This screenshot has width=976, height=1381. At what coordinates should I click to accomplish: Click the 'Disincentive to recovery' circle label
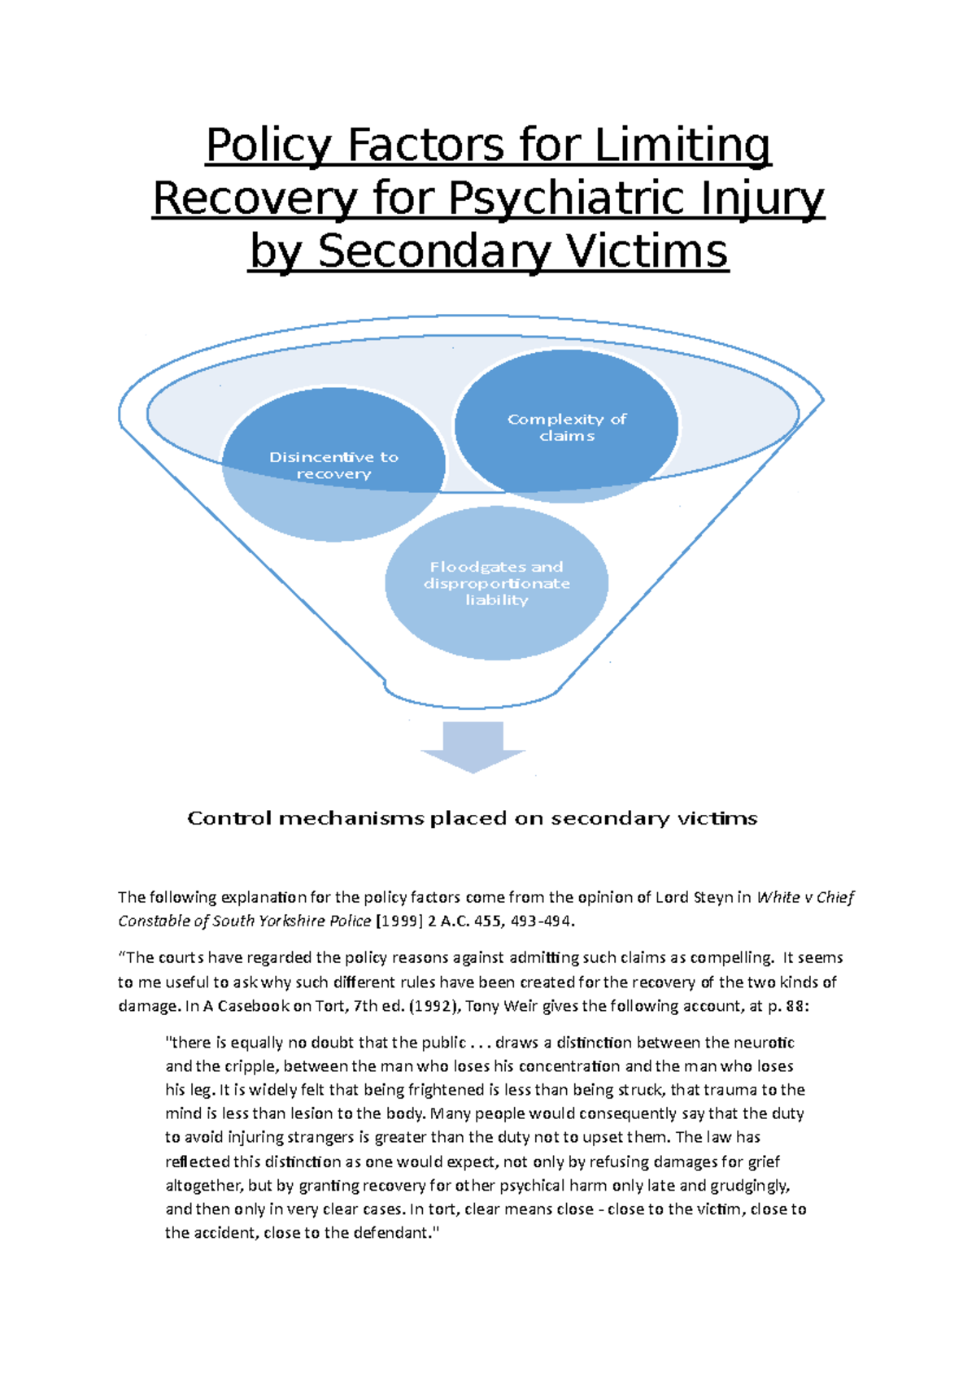point(333,465)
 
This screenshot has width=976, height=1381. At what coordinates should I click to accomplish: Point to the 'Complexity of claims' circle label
point(567,427)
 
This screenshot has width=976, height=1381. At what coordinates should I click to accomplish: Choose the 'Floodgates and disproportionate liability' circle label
point(496,583)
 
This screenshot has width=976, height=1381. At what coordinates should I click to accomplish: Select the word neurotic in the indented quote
point(764,1042)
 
